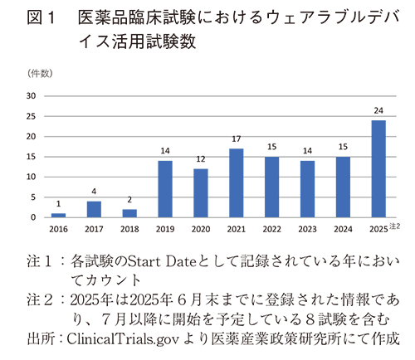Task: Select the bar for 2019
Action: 165,189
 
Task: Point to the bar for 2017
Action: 95,209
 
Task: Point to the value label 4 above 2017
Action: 95,192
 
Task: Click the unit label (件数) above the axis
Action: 40,75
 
